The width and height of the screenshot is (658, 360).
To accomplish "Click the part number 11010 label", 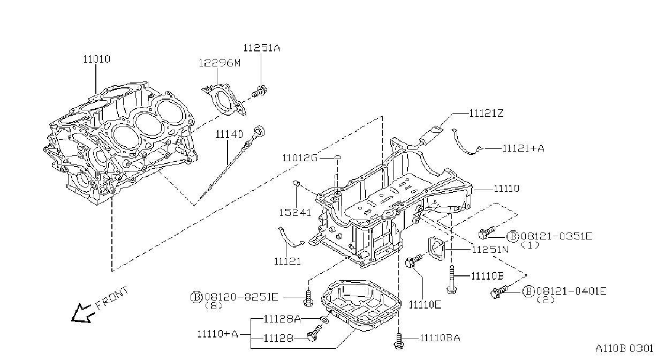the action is (97, 59).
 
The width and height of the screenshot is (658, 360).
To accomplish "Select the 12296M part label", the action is (220, 63).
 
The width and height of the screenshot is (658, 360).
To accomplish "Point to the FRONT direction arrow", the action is (82, 313).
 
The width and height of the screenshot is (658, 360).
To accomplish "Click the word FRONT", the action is (112, 298).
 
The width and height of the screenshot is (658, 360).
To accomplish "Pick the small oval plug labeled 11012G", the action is (338, 158).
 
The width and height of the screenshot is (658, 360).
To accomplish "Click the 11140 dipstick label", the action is (230, 134).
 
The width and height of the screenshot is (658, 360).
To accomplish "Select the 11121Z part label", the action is (486, 113).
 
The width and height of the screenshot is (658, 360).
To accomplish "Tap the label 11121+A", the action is (523, 148).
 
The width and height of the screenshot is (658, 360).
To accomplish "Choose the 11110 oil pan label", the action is (506, 189).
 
